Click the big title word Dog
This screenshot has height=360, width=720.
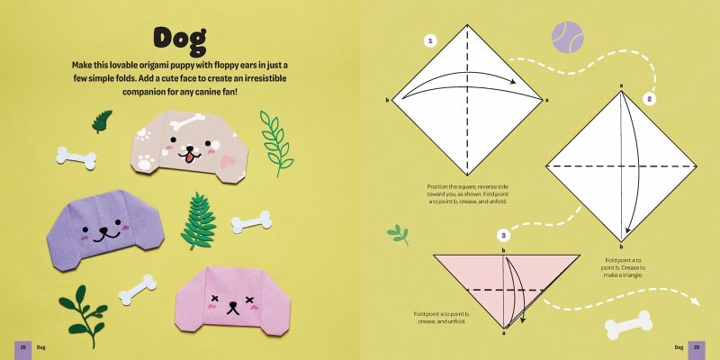[x=180, y=41]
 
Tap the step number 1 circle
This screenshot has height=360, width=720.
[x=430, y=41]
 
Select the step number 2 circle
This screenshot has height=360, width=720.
[x=649, y=99]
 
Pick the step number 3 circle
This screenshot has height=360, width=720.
[x=504, y=237]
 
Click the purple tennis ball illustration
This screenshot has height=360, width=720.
[x=568, y=37]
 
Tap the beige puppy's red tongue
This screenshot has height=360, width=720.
[x=189, y=157]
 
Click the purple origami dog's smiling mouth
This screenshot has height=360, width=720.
[x=104, y=235]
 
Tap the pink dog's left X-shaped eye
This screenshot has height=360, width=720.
[x=214, y=299]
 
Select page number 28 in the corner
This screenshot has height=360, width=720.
[x=22, y=347]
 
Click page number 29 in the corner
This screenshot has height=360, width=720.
[x=696, y=347]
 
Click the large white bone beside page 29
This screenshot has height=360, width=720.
[x=628, y=325]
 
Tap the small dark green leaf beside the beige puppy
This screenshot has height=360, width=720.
[x=102, y=121]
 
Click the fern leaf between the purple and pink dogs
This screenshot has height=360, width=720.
[x=198, y=221]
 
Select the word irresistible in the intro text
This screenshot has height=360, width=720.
[x=264, y=78]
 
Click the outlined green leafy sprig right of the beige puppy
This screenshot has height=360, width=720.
[x=276, y=142]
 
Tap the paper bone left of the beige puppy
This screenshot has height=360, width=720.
[x=76, y=158]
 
